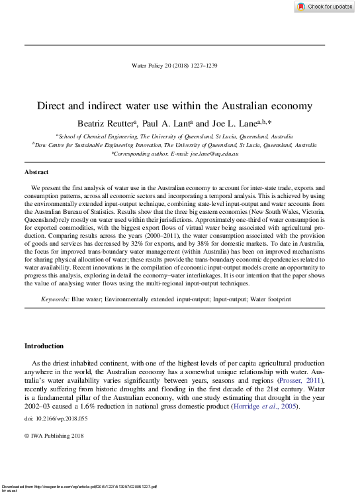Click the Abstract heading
37,172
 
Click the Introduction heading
44,346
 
